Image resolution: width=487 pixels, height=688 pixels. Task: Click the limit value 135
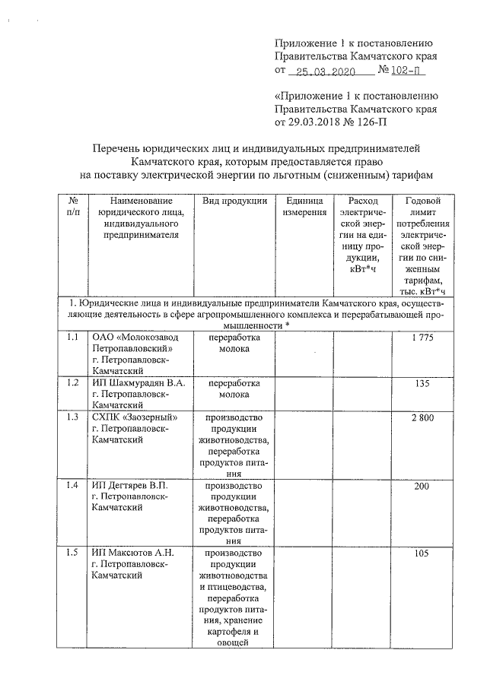click(422, 382)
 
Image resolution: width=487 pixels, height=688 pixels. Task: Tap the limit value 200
click(422, 486)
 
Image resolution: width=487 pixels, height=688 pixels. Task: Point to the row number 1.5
click(72, 553)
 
